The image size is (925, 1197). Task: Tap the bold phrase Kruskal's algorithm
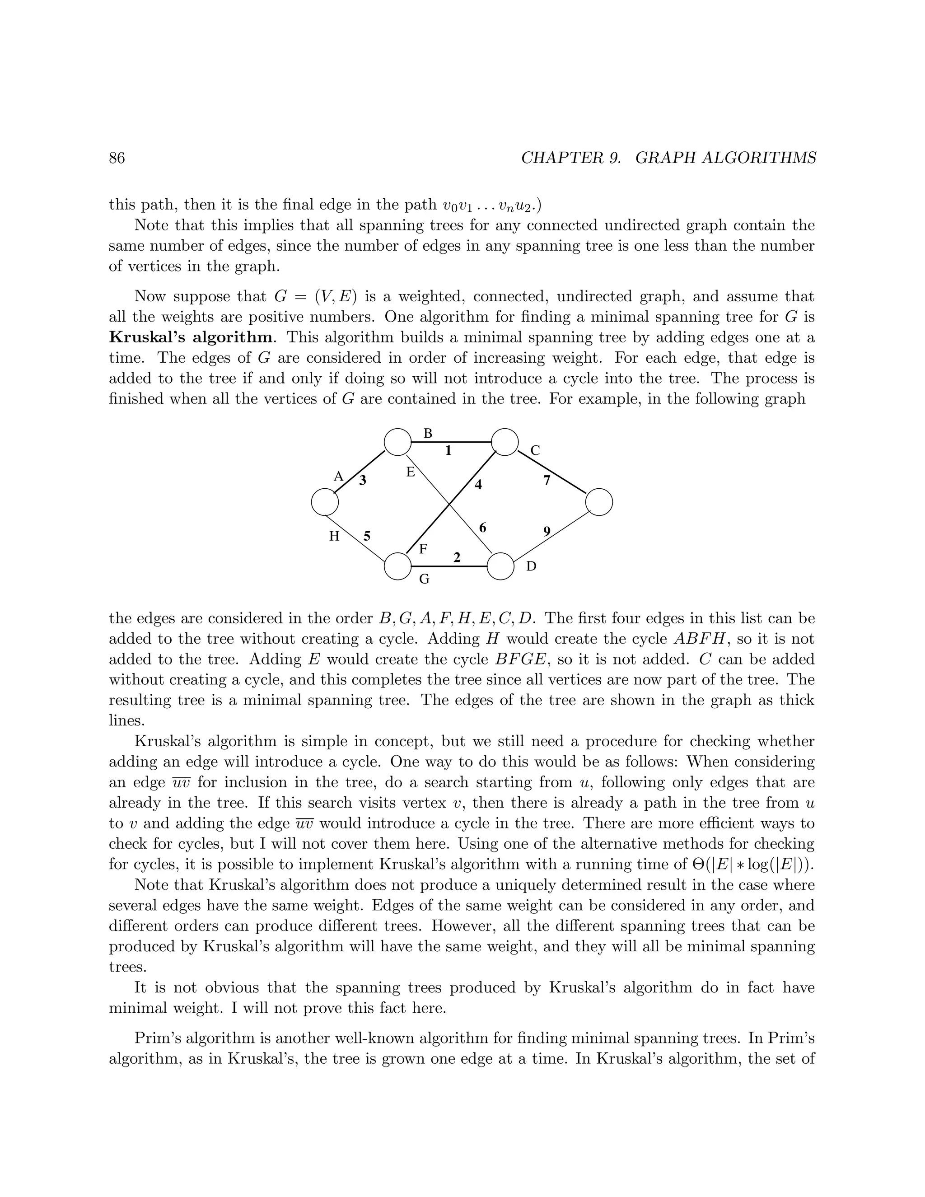point(190,337)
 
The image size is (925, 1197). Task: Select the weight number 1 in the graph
point(448,450)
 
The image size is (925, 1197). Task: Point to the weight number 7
point(547,481)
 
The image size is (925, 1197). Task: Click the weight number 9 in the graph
point(547,531)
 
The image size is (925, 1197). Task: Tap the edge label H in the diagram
point(334,536)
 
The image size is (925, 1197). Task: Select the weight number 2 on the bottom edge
point(457,557)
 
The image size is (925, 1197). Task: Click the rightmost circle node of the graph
point(599,502)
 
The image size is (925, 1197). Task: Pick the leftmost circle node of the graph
point(325,502)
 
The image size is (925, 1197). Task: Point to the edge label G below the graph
point(424,578)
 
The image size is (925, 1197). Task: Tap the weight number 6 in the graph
point(483,528)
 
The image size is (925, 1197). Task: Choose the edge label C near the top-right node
point(535,450)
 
